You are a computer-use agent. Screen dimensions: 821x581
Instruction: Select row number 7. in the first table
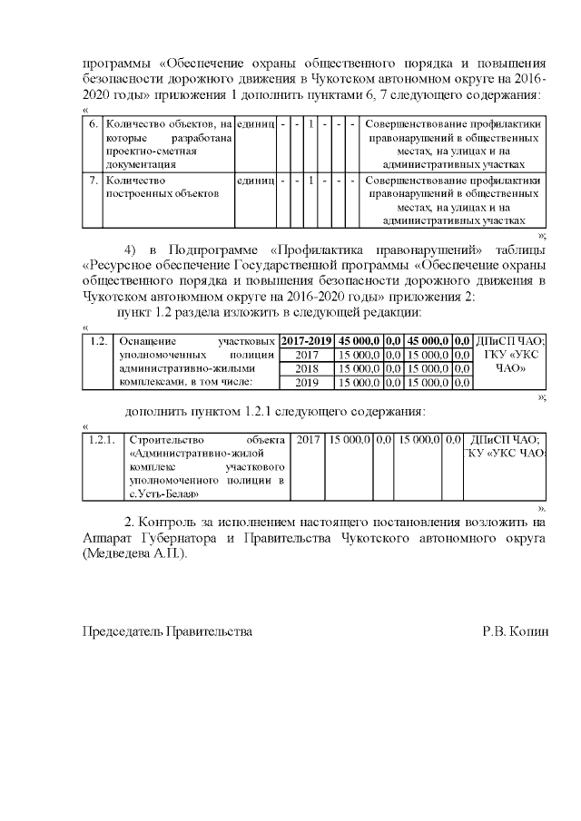coord(93,181)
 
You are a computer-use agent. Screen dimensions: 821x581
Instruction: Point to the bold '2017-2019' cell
coord(306,341)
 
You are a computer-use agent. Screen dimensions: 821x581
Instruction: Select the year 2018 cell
coord(306,369)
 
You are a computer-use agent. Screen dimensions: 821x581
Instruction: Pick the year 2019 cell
coord(306,383)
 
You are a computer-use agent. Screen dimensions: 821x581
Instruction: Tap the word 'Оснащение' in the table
coord(147,341)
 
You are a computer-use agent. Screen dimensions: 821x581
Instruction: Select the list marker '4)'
coord(130,249)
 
